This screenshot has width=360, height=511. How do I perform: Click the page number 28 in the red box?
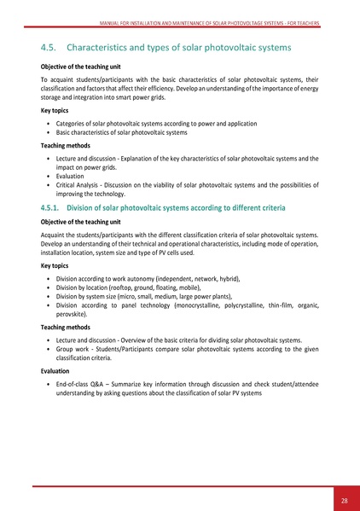click(343, 499)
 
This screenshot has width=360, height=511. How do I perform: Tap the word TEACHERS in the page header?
click(305, 23)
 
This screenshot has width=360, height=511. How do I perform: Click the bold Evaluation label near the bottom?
click(58, 372)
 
